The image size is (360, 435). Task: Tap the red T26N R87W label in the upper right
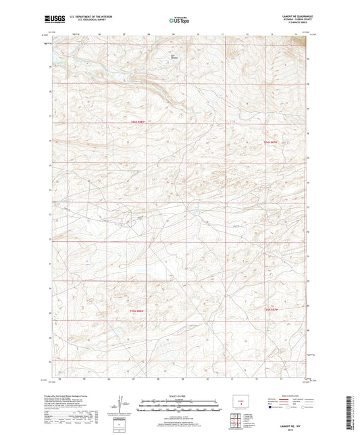coord(271,143)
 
